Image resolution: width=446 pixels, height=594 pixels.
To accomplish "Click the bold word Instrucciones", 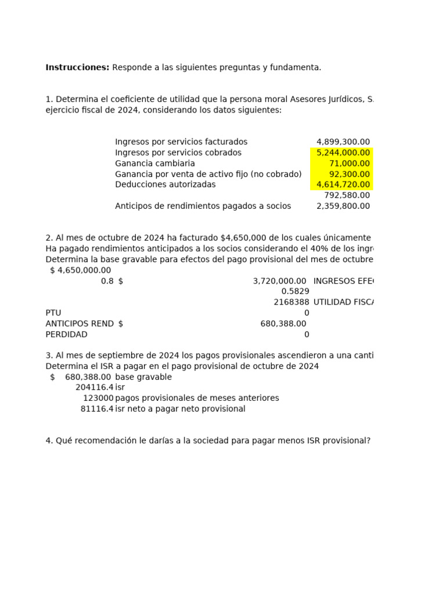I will tap(77, 67).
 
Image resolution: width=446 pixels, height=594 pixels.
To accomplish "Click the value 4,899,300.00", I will tap(343, 142).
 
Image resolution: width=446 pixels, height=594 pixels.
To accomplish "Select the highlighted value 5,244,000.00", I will tap(343, 153).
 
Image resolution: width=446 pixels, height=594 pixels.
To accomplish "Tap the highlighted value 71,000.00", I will tap(349, 164).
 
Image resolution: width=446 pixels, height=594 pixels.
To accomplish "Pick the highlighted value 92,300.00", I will tap(349, 174).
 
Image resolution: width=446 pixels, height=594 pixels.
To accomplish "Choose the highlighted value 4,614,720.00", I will tap(343, 184).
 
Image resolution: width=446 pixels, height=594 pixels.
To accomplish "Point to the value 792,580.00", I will tap(347, 195).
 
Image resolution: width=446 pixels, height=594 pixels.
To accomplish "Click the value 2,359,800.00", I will tap(343, 206).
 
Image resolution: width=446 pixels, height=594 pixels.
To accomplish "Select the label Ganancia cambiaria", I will tap(155, 164).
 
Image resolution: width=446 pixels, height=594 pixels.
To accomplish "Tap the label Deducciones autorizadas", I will tap(165, 184).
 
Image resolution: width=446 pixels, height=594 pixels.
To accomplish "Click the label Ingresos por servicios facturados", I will tap(181, 142).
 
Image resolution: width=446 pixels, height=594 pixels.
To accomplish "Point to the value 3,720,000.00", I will tap(279, 281).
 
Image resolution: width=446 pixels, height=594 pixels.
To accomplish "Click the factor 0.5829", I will tap(295, 291).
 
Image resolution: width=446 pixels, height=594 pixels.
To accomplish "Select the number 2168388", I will tap(291, 302).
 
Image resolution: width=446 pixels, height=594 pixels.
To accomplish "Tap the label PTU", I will tap(53, 313).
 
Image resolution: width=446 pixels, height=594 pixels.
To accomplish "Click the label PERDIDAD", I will tap(66, 334).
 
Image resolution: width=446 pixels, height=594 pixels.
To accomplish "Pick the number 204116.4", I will tap(94, 387).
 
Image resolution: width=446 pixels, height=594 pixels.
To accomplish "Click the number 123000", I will tap(98, 398).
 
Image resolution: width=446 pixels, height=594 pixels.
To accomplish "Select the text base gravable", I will tap(143, 377).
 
